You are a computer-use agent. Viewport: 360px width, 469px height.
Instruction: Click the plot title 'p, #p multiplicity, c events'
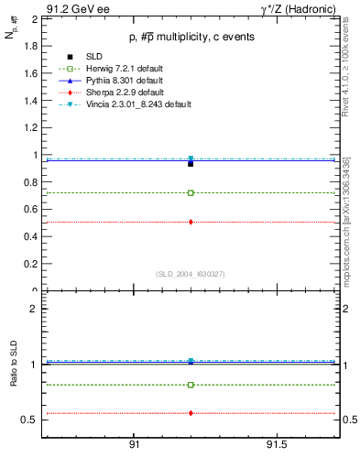tap(191, 38)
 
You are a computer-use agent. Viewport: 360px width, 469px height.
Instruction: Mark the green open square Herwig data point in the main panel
tap(191, 192)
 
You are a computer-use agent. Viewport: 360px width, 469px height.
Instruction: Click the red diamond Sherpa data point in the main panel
tap(191, 222)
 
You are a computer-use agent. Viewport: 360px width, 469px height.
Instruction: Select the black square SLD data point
tap(191, 163)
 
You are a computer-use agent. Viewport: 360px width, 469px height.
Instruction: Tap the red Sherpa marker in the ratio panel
tap(191, 413)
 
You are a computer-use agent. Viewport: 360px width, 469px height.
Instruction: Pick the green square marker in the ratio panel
tap(191, 385)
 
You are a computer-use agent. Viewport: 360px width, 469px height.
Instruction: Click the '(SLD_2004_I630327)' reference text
tap(191, 273)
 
